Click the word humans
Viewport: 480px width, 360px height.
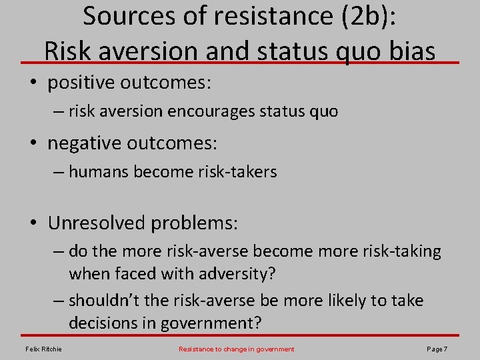pyautogui.click(x=98, y=171)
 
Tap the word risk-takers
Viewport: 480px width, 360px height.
pyautogui.click(x=237, y=171)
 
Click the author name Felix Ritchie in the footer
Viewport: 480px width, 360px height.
pyautogui.click(x=44, y=349)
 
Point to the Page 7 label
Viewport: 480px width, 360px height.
pyautogui.click(x=436, y=349)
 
